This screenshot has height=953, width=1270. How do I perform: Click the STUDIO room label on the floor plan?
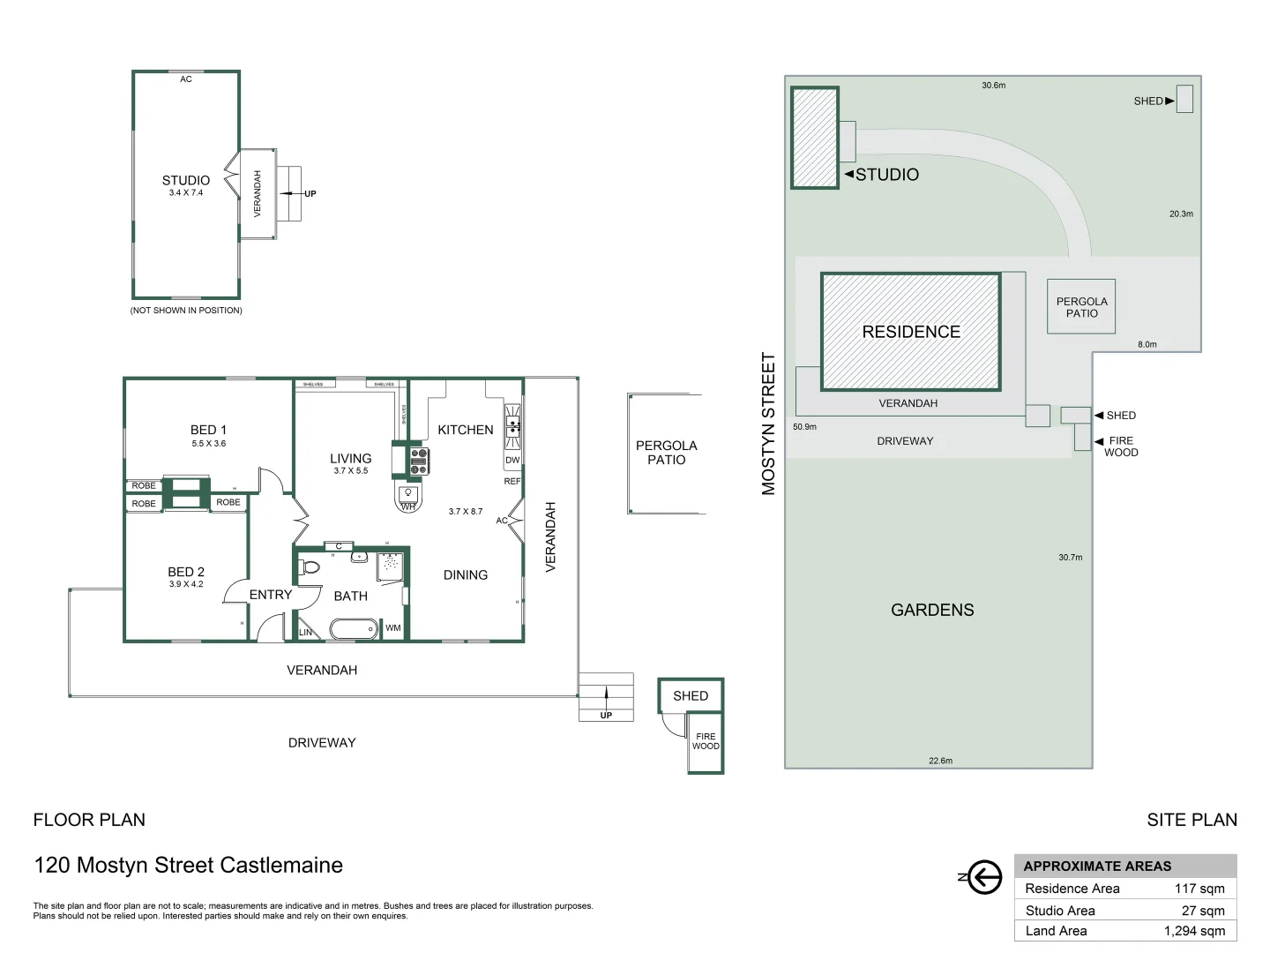pos(186,180)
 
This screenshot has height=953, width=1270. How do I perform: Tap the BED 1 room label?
pos(208,430)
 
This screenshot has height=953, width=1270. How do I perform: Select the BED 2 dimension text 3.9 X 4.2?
pos(186,584)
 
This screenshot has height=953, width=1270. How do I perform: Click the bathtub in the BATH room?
pos(354,629)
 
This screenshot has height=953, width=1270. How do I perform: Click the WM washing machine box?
pos(393,628)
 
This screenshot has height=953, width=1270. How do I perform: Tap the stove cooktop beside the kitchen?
pos(419,461)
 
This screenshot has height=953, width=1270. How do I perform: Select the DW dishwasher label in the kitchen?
pos(512,460)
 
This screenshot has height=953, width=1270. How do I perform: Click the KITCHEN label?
pos(466,430)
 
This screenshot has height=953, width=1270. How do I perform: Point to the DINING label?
pos(466,575)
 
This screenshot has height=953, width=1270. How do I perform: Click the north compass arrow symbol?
pos(984,877)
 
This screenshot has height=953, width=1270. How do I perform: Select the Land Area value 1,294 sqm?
pos(1194,931)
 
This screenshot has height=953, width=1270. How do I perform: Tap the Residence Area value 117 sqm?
pos(1199,889)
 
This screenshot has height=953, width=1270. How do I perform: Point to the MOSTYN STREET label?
pos(768,424)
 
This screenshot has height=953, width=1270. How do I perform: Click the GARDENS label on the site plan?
pos(932,610)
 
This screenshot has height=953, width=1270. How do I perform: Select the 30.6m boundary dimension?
pos(993,86)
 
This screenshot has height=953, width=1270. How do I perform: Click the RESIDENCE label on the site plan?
pos(911,332)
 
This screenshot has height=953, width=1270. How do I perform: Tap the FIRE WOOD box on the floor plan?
pos(706,742)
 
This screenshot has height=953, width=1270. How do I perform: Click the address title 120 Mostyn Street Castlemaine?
pos(188,865)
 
